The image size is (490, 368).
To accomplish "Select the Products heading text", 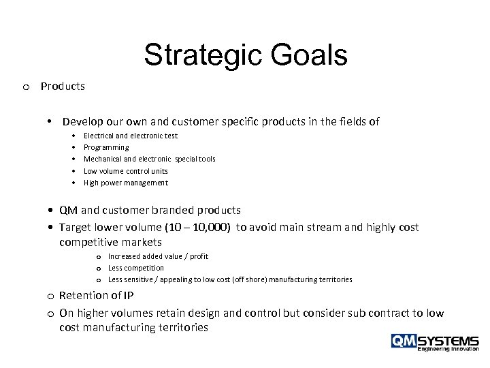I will pyautogui.click(x=63, y=87).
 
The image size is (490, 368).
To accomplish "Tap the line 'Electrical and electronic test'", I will pyautogui.click(x=130, y=136).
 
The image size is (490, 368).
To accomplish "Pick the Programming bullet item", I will pyautogui.click(x=105, y=147).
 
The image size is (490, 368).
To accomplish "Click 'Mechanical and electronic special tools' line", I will pyautogui.click(x=149, y=159).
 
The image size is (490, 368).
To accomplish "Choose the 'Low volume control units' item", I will pyautogui.click(x=125, y=170).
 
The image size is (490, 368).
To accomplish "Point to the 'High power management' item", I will pyautogui.click(x=125, y=183).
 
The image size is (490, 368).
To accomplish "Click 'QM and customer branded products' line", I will pyautogui.click(x=150, y=211).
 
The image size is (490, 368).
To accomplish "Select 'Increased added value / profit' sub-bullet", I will pyautogui.click(x=158, y=256).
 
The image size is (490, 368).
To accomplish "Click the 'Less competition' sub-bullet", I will pyautogui.click(x=136, y=268).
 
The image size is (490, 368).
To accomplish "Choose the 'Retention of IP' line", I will pyautogui.click(x=96, y=296).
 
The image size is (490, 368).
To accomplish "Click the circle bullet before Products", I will pyautogui.click(x=25, y=87).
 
